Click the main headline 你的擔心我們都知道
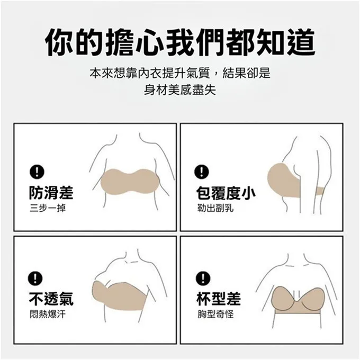point(180,42)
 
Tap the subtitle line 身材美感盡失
point(180,89)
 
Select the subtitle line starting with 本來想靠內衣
point(180,73)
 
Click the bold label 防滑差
point(51,192)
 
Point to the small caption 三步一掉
point(48,208)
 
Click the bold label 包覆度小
point(226,193)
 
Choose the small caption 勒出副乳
point(215,208)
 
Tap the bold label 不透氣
point(51,299)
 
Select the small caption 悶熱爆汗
point(48,314)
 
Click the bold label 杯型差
point(219,299)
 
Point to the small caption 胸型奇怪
point(215,314)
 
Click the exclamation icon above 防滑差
point(37,172)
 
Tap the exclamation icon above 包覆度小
point(202,172)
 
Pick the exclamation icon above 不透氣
point(35,278)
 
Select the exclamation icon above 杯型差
point(203,278)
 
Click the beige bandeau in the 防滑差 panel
point(130,182)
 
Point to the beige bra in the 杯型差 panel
point(298,300)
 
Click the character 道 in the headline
point(300,42)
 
